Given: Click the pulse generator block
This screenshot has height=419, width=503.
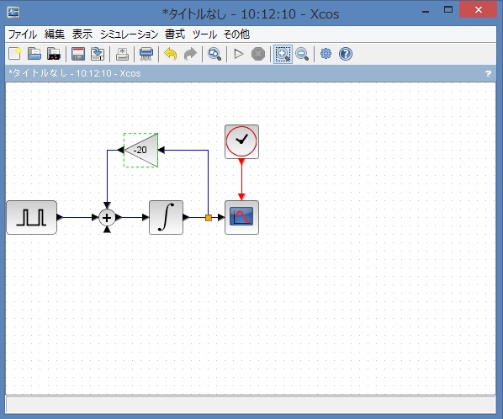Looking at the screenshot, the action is pyautogui.click(x=32, y=218).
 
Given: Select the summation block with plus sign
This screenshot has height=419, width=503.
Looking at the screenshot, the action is pyautogui.click(x=107, y=218).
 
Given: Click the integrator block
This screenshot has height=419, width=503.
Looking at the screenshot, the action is pyautogui.click(x=167, y=218).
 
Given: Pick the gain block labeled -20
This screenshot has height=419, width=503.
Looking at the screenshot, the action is pyautogui.click(x=140, y=150).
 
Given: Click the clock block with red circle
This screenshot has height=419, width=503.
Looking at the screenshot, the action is pyautogui.click(x=241, y=141).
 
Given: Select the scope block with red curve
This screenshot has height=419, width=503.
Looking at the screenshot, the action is pyautogui.click(x=241, y=218).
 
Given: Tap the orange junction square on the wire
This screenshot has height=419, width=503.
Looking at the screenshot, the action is pyautogui.click(x=209, y=218).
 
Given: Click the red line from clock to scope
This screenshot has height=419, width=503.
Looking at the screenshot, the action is pyautogui.click(x=241, y=180).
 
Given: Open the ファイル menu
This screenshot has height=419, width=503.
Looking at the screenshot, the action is pyautogui.click(x=23, y=34).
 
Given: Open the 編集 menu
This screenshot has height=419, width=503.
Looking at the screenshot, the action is pyautogui.click(x=55, y=34).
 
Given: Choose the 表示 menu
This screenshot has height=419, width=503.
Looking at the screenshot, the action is pyautogui.click(x=82, y=34).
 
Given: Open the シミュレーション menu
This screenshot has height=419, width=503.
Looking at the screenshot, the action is pyautogui.click(x=129, y=34).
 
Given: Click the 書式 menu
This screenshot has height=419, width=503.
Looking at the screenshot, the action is pyautogui.click(x=175, y=34).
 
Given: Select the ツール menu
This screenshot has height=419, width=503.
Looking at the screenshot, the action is pyautogui.click(x=204, y=34).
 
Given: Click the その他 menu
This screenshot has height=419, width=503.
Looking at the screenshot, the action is pyautogui.click(x=236, y=34).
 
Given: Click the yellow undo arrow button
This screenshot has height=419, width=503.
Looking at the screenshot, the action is pyautogui.click(x=171, y=54).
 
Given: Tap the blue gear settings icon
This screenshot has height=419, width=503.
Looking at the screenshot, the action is pyautogui.click(x=326, y=54).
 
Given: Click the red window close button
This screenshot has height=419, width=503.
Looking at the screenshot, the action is pyautogui.click(x=479, y=9).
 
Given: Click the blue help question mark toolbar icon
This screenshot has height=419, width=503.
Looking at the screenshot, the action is pyautogui.click(x=346, y=54).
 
